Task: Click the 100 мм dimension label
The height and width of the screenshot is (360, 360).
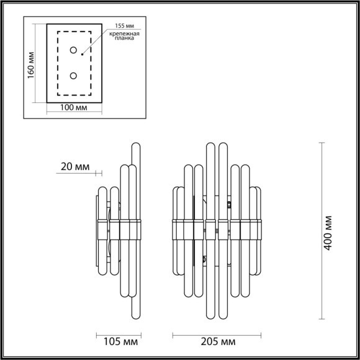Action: [74, 107]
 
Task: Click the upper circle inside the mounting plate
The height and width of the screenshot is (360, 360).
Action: [74, 50]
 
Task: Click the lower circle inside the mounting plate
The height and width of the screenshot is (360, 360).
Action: [74, 76]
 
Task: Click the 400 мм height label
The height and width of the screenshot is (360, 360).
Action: [330, 231]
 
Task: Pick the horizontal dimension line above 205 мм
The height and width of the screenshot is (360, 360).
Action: [217, 334]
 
